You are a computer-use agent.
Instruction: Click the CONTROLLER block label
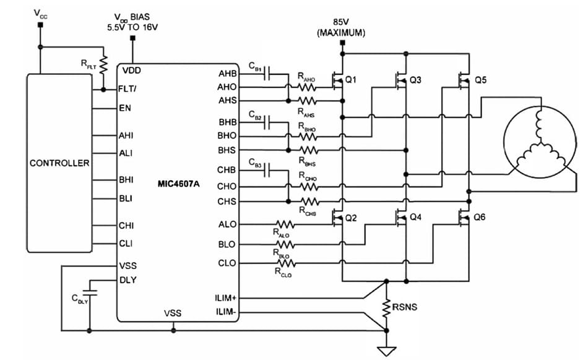(59, 163)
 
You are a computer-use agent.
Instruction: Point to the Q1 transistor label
(352, 80)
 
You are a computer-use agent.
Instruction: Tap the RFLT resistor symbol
(104, 63)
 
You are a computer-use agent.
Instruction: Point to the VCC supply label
(40, 14)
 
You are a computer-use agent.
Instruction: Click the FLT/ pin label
(128, 88)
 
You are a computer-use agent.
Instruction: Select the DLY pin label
(127, 280)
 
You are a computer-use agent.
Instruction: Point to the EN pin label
(124, 108)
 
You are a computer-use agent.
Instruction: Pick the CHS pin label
(227, 202)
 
